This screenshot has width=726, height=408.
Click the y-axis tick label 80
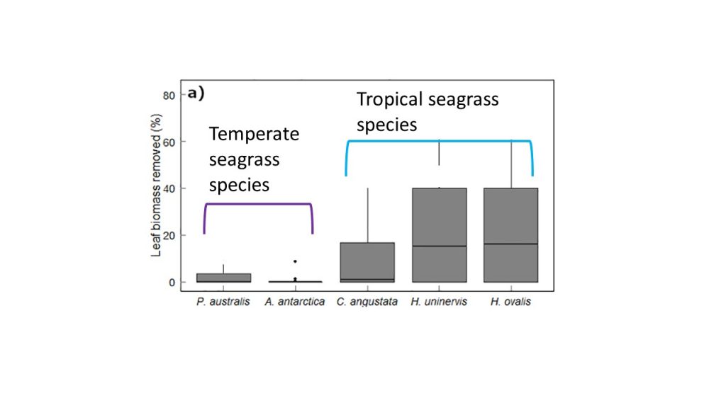pyautogui.click(x=170, y=95)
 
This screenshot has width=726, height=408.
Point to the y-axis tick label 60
pyautogui.click(x=170, y=142)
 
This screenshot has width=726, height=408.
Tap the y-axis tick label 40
pyautogui.click(x=170, y=188)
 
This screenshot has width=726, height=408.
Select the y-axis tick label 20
pyautogui.click(x=170, y=235)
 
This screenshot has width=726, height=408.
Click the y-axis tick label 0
pyautogui.click(x=172, y=282)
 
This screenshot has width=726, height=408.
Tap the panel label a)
pyautogui.click(x=196, y=93)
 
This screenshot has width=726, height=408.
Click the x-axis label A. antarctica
pyautogui.click(x=295, y=302)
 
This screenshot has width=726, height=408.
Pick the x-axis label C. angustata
pyautogui.click(x=367, y=302)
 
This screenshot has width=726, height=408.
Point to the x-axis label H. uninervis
pyautogui.click(x=439, y=302)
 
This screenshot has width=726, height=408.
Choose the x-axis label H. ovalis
pyautogui.click(x=511, y=302)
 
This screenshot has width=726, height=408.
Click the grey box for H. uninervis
pyautogui.click(x=440, y=234)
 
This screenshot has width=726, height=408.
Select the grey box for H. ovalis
pyautogui.click(x=511, y=234)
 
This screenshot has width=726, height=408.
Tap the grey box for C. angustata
pyautogui.click(x=367, y=262)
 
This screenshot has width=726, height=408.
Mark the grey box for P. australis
pyautogui.click(x=223, y=278)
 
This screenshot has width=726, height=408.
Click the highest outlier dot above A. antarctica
pyautogui.click(x=295, y=261)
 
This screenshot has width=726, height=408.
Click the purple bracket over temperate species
pyautogui.click(x=259, y=205)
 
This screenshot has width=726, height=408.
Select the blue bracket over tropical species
pyautogui.click(x=440, y=142)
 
